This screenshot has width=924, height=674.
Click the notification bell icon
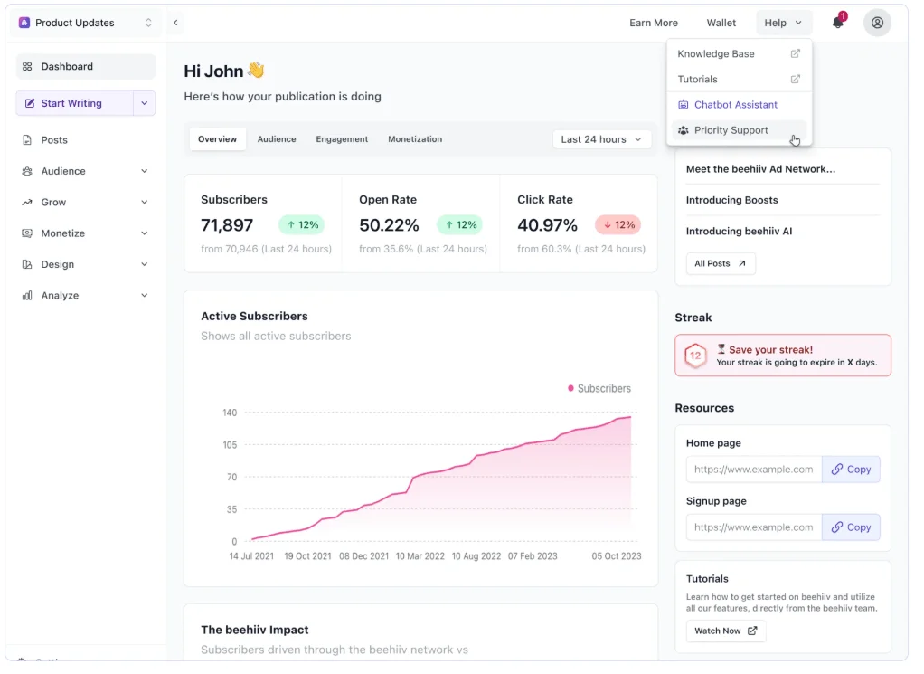click(837, 23)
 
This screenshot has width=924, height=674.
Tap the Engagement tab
click(342, 139)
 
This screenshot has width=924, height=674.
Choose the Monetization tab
click(415, 139)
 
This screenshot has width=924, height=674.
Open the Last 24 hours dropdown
click(601, 139)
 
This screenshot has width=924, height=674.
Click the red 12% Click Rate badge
click(618, 224)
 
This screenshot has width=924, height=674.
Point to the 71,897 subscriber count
click(227, 225)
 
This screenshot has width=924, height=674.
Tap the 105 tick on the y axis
click(230, 444)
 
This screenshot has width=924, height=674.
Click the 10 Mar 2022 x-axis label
click(420, 556)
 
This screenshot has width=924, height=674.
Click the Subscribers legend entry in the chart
click(599, 389)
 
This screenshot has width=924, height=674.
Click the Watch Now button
click(725, 631)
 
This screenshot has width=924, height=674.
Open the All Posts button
click(720, 263)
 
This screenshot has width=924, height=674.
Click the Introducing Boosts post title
click(732, 201)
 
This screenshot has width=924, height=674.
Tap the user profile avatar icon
click(877, 23)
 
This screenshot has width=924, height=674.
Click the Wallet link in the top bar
click(721, 23)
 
